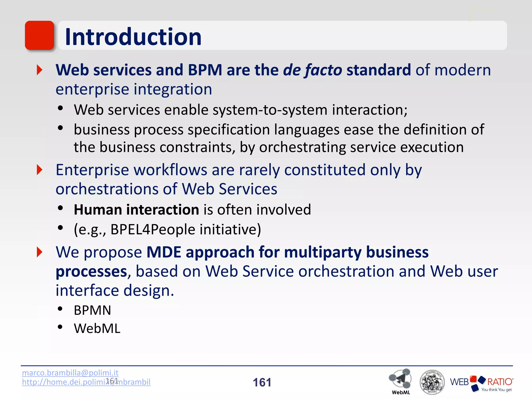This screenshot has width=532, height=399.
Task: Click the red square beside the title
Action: [x=39, y=35]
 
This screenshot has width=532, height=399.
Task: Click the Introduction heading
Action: [x=133, y=37]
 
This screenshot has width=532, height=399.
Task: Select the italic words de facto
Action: [x=312, y=70]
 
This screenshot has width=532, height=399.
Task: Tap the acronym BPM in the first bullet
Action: [x=205, y=70]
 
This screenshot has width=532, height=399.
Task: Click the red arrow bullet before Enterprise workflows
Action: [x=39, y=170]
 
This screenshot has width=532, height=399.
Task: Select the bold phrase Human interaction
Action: [x=136, y=210]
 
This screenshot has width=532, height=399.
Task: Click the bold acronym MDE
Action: [x=164, y=252]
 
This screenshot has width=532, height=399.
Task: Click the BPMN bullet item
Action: [x=92, y=310]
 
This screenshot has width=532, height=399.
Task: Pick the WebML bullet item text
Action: [x=97, y=328]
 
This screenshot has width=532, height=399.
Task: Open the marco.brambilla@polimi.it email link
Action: [x=70, y=373]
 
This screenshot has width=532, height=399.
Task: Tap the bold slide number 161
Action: [x=262, y=382]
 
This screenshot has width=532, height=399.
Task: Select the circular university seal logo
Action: [x=432, y=382]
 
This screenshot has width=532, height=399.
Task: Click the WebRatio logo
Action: [x=481, y=383]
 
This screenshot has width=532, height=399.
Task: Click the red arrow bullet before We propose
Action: [x=39, y=252]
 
